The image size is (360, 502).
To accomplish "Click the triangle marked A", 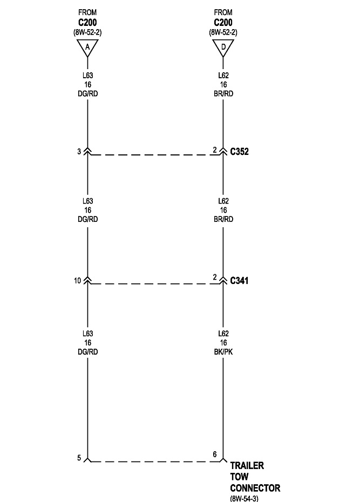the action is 87,48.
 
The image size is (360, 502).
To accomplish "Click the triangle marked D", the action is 223,48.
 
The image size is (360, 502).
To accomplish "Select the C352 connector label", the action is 239,152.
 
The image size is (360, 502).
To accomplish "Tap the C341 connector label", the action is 239,281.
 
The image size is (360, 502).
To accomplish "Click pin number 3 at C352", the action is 79,152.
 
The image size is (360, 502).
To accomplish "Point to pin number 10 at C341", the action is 77,281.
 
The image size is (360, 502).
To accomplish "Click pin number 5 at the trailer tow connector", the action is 79,458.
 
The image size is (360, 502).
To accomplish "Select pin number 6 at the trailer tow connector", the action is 214,454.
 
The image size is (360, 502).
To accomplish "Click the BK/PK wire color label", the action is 223,351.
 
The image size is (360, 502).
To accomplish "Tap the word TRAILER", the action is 247,465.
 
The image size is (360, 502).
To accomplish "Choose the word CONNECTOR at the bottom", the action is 255,488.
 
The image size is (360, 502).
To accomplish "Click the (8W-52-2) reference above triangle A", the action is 87,32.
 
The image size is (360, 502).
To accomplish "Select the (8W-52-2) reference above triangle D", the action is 223,32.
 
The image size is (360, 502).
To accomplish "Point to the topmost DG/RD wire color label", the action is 87,93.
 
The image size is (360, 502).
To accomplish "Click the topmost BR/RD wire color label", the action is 223,93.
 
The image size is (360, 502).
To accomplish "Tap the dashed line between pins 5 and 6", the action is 151,462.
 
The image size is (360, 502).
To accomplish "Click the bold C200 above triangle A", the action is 87,23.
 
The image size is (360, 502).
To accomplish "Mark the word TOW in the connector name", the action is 239,477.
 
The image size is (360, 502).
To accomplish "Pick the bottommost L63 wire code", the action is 87,334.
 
